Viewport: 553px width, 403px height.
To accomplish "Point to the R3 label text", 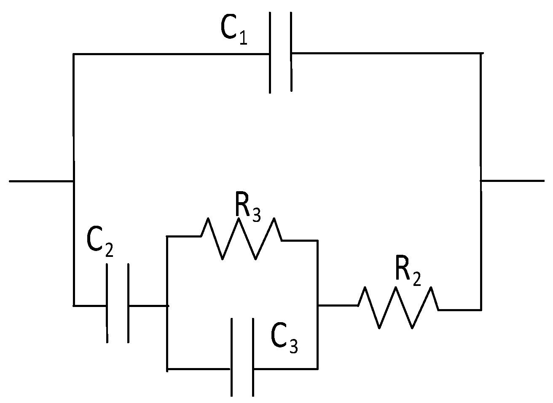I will click(248, 207).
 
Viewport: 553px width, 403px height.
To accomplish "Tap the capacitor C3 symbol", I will click(242, 357).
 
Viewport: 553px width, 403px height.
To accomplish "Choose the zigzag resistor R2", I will click(397, 307).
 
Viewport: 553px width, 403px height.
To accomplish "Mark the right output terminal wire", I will click(512, 181).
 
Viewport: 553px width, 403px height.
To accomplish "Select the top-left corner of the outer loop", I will click(74, 54).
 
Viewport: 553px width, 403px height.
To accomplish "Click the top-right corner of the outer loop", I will click(481, 53).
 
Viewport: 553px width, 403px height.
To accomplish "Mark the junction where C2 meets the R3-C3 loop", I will click(168, 305).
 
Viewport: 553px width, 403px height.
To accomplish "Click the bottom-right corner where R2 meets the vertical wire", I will click(481, 310).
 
